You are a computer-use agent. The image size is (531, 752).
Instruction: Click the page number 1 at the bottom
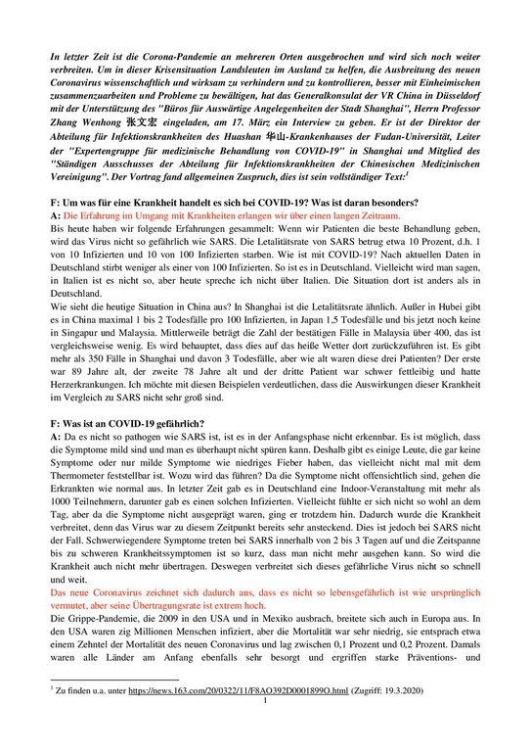click(266, 731)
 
